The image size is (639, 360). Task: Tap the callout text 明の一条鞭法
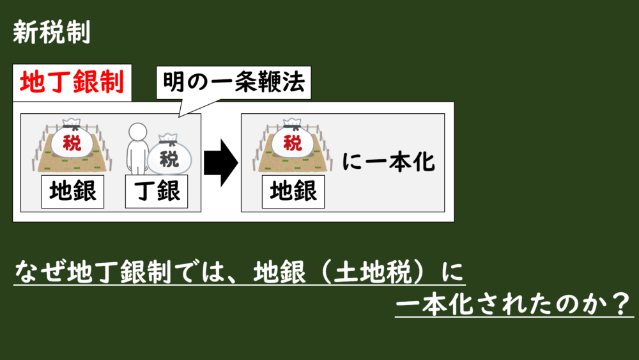(234, 82)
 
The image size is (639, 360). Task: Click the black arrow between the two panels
(220, 163)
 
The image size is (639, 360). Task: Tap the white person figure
(137, 150)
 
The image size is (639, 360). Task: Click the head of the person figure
(137, 131)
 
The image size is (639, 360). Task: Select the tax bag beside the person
(169, 156)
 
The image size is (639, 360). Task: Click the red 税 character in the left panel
(72, 143)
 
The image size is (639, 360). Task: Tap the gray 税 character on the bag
(169, 159)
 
